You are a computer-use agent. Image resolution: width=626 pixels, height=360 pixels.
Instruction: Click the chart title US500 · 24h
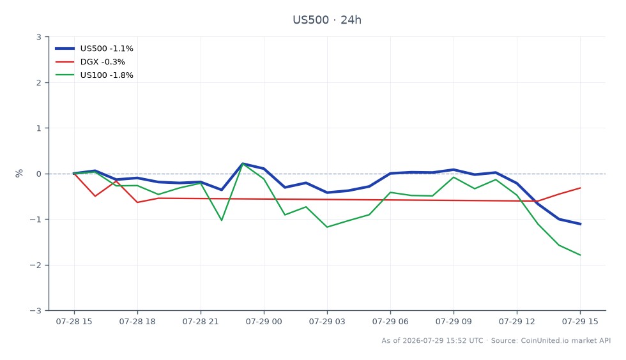click(327, 20)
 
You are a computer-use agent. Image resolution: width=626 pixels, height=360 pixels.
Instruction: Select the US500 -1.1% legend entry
click(95, 49)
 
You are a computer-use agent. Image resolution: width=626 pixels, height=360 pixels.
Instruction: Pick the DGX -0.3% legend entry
click(90, 62)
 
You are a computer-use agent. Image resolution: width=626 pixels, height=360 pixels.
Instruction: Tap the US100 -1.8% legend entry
click(95, 75)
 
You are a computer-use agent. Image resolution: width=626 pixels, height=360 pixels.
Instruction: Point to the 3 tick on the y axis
click(39, 37)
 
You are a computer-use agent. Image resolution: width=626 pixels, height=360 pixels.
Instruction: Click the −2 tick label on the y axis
click(36, 265)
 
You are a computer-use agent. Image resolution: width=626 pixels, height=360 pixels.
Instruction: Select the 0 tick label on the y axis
click(39, 174)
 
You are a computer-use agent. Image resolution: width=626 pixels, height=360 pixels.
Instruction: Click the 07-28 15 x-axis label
click(74, 322)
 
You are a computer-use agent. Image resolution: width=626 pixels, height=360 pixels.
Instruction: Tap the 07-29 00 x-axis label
click(264, 322)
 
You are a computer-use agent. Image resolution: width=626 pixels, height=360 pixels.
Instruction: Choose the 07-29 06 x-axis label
click(390, 322)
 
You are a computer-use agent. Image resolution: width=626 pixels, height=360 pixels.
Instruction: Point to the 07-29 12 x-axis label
click(517, 322)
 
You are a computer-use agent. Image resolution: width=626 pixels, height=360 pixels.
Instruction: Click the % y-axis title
click(19, 173)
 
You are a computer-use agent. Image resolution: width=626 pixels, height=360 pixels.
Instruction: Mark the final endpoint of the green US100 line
click(580, 255)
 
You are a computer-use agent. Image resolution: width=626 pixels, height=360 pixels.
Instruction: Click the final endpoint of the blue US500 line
click(580, 224)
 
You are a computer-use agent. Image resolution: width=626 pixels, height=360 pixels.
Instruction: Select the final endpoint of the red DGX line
click(580, 188)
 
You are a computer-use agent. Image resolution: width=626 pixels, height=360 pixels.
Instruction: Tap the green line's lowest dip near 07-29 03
click(327, 227)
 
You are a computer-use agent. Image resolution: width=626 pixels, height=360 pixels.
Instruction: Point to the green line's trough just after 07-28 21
click(222, 220)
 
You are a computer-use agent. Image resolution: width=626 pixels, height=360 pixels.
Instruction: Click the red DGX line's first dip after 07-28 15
click(95, 196)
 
